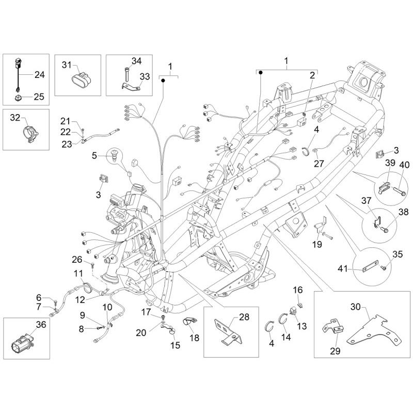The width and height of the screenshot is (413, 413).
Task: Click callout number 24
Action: (x=40, y=75)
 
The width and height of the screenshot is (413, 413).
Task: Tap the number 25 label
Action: (x=40, y=96)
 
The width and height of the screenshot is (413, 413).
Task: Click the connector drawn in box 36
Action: (x=20, y=342)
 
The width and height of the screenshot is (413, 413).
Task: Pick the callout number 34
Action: (x=136, y=61)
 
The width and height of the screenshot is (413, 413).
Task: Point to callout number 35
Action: (x=396, y=253)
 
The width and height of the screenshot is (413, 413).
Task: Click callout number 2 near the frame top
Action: (x=312, y=75)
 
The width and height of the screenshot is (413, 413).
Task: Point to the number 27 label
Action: (x=319, y=164)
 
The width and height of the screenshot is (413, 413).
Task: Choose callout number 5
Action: (x=95, y=155)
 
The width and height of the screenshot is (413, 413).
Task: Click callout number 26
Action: (x=77, y=259)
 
